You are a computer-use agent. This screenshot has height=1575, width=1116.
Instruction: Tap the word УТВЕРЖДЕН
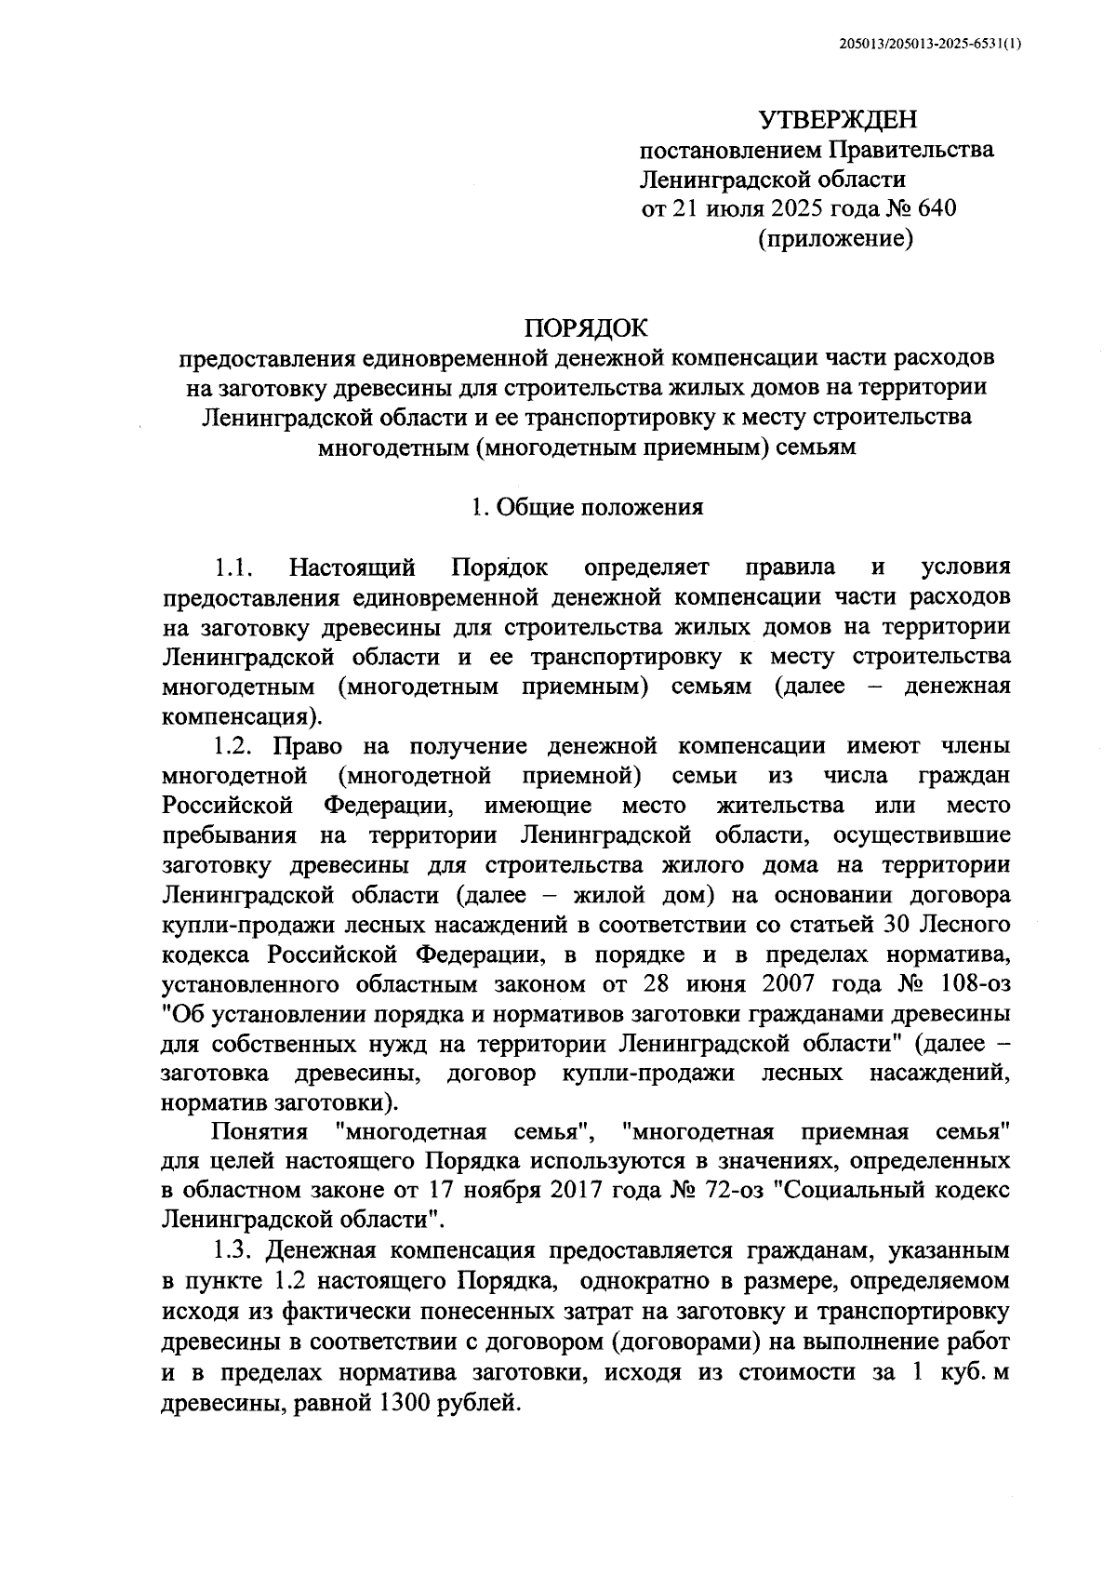pos(837,120)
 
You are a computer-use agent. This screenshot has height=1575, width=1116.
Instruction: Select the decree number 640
pos(936,208)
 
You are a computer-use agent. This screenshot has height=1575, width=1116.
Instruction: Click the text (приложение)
pos(836,239)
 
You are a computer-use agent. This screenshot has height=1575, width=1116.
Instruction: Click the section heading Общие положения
pos(600,507)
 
